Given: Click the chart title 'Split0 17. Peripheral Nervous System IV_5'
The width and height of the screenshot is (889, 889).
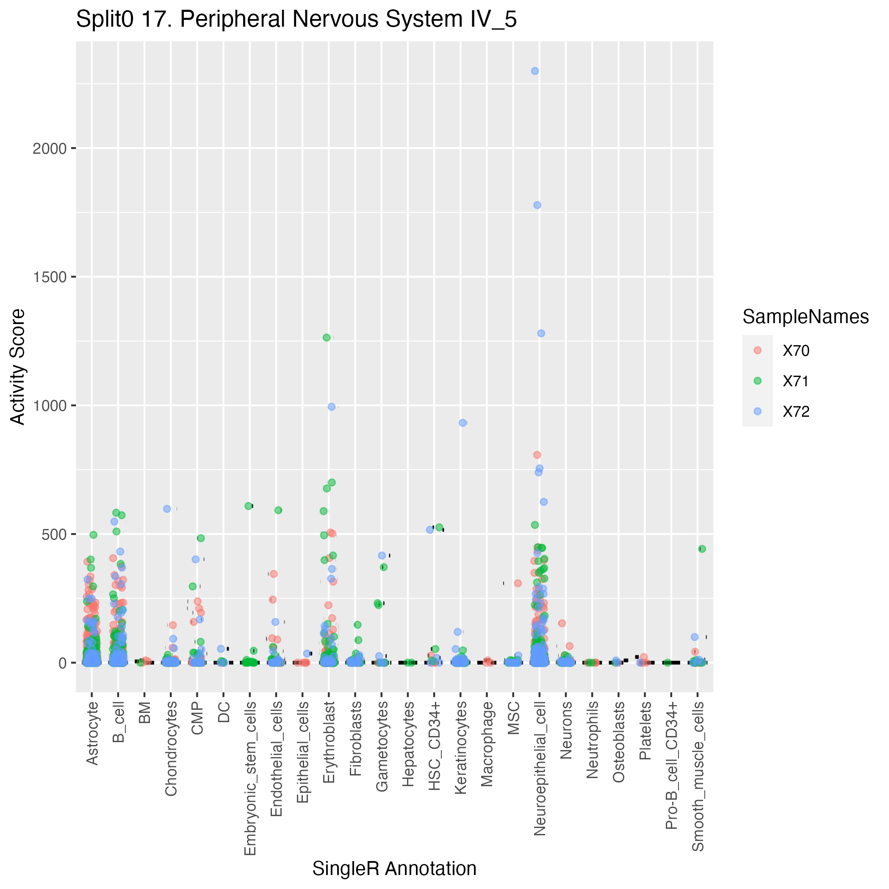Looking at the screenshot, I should click(296, 20).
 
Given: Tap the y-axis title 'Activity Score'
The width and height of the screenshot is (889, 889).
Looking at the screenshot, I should click(17, 366).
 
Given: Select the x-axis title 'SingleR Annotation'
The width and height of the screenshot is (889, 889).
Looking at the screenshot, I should click(394, 868).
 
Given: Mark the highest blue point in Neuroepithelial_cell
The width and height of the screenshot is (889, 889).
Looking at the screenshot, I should click(535, 71).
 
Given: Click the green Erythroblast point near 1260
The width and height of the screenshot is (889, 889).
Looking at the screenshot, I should click(327, 337).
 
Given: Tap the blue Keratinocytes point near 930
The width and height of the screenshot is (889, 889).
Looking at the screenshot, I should click(463, 423).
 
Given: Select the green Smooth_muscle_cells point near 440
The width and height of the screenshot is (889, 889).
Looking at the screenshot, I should click(702, 548).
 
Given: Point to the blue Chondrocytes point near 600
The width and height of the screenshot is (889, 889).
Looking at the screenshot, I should click(167, 509).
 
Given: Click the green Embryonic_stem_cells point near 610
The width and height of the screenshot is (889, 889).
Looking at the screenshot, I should click(249, 506).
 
